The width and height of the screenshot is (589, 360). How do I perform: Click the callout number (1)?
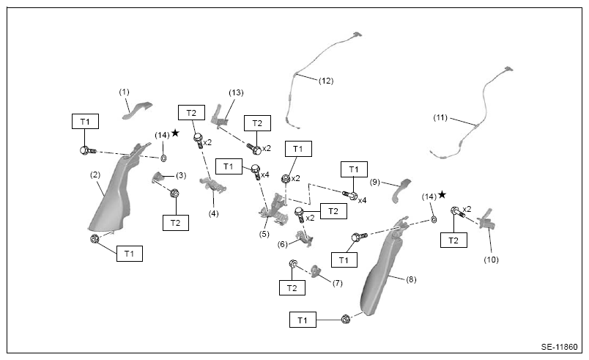pyautogui.click(x=124, y=92)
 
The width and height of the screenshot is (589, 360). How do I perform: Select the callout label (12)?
pyautogui.click(x=326, y=81)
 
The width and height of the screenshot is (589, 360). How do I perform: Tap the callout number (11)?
pyautogui.click(x=440, y=117)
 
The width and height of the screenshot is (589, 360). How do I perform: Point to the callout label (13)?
pyautogui.click(x=236, y=92)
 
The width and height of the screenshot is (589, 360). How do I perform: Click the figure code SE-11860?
pyautogui.click(x=559, y=347)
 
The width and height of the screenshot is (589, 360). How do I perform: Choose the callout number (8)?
pyautogui.click(x=411, y=279)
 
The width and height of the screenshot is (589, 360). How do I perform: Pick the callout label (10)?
pyautogui.click(x=491, y=260)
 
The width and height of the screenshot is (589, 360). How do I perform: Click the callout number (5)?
pyautogui.click(x=264, y=234)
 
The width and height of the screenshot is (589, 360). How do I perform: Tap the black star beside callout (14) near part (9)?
pyautogui.click(x=442, y=194)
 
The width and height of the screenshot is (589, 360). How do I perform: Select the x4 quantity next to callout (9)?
pyautogui.click(x=362, y=201)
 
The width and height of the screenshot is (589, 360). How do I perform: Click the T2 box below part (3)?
pyautogui.click(x=175, y=223)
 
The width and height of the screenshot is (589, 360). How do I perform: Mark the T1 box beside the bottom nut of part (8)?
pyautogui.click(x=303, y=320)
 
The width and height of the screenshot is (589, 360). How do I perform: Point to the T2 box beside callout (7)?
pyautogui.click(x=292, y=288)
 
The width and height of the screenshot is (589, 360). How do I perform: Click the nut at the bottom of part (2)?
pyautogui.click(x=95, y=238)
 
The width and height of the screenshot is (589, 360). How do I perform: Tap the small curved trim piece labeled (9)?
pyautogui.click(x=401, y=191)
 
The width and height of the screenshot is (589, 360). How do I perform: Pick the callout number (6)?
pyautogui.click(x=283, y=245)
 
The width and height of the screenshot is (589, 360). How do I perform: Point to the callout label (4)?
pyautogui.click(x=213, y=214)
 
